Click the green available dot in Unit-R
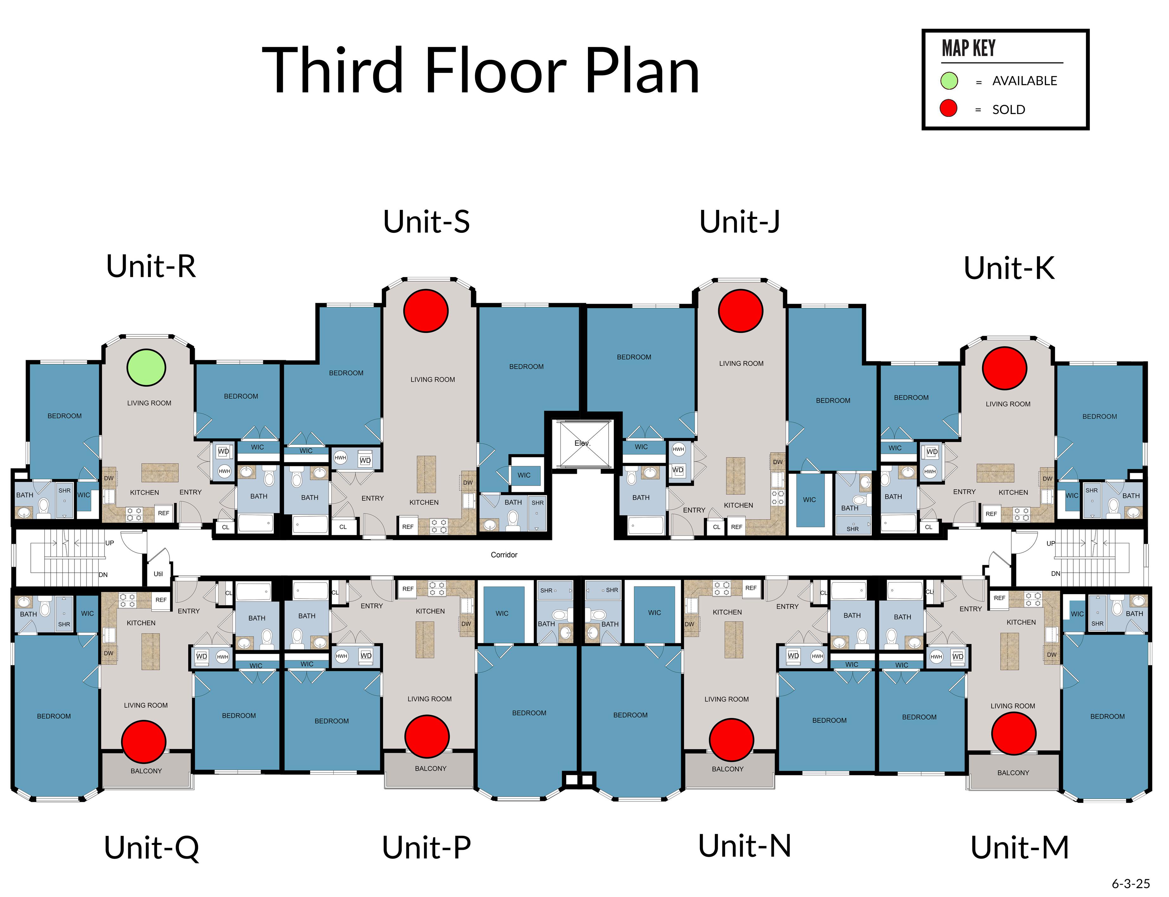click(x=146, y=367)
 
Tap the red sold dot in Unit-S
click(x=426, y=311)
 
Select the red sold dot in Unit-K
click(x=1005, y=368)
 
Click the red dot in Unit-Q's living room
click(x=144, y=741)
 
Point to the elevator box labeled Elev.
click(x=582, y=443)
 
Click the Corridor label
click(x=504, y=555)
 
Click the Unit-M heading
click(x=1019, y=847)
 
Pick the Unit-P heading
click(x=426, y=847)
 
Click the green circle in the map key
click(x=949, y=81)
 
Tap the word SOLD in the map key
click(x=1008, y=110)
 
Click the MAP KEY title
click(x=968, y=48)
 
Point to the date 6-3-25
click(x=1131, y=884)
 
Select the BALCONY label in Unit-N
click(x=727, y=769)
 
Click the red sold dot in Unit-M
click(x=1013, y=733)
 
